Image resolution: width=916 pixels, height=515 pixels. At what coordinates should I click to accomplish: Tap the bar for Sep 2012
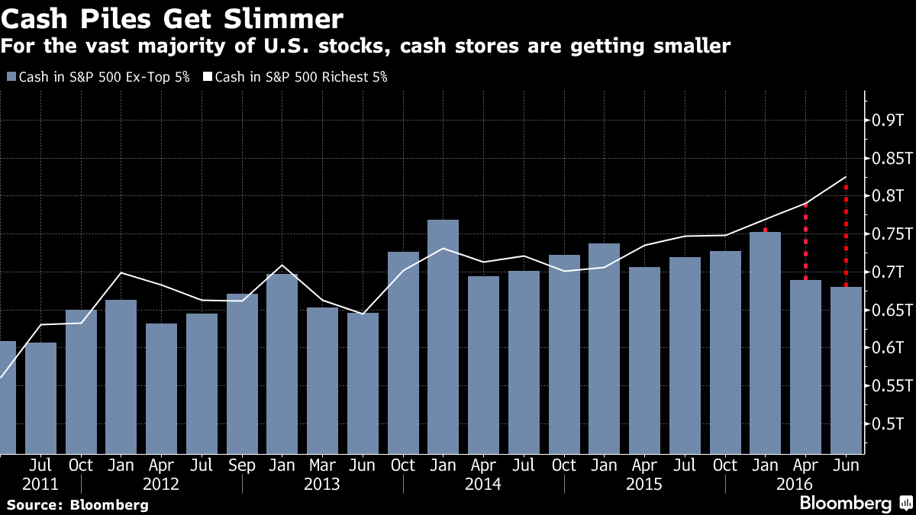coord(242,374)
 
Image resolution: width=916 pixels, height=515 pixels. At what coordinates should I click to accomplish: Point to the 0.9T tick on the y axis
coord(889,121)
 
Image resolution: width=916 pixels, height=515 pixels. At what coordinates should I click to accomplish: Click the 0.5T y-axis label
coord(889,423)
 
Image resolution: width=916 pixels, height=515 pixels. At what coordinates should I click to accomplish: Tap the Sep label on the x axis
coord(242,465)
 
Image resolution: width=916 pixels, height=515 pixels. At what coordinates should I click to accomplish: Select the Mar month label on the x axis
coord(322,465)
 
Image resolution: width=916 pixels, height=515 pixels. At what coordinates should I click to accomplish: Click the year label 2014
coord(482,484)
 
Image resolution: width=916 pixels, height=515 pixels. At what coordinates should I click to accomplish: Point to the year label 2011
coord(40,484)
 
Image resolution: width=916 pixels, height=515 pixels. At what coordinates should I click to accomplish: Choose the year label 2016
coord(795,484)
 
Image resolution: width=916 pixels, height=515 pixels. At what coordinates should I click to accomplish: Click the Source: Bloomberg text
coord(77,504)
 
